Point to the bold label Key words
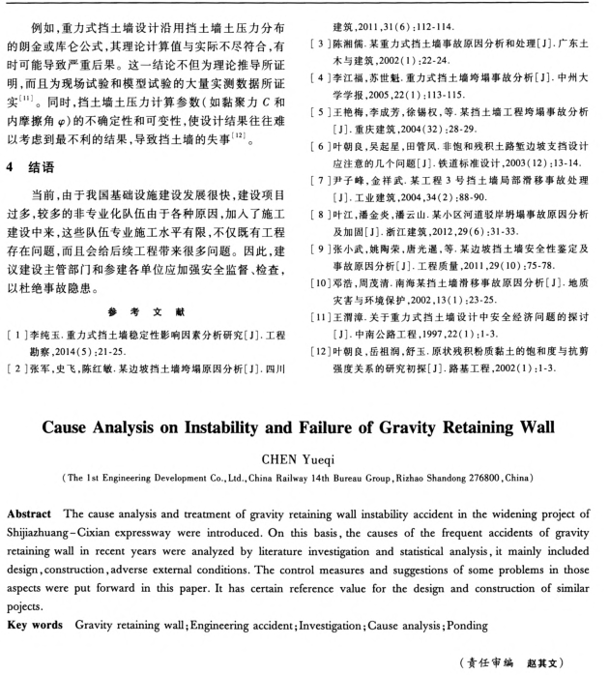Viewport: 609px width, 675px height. (36, 601)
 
